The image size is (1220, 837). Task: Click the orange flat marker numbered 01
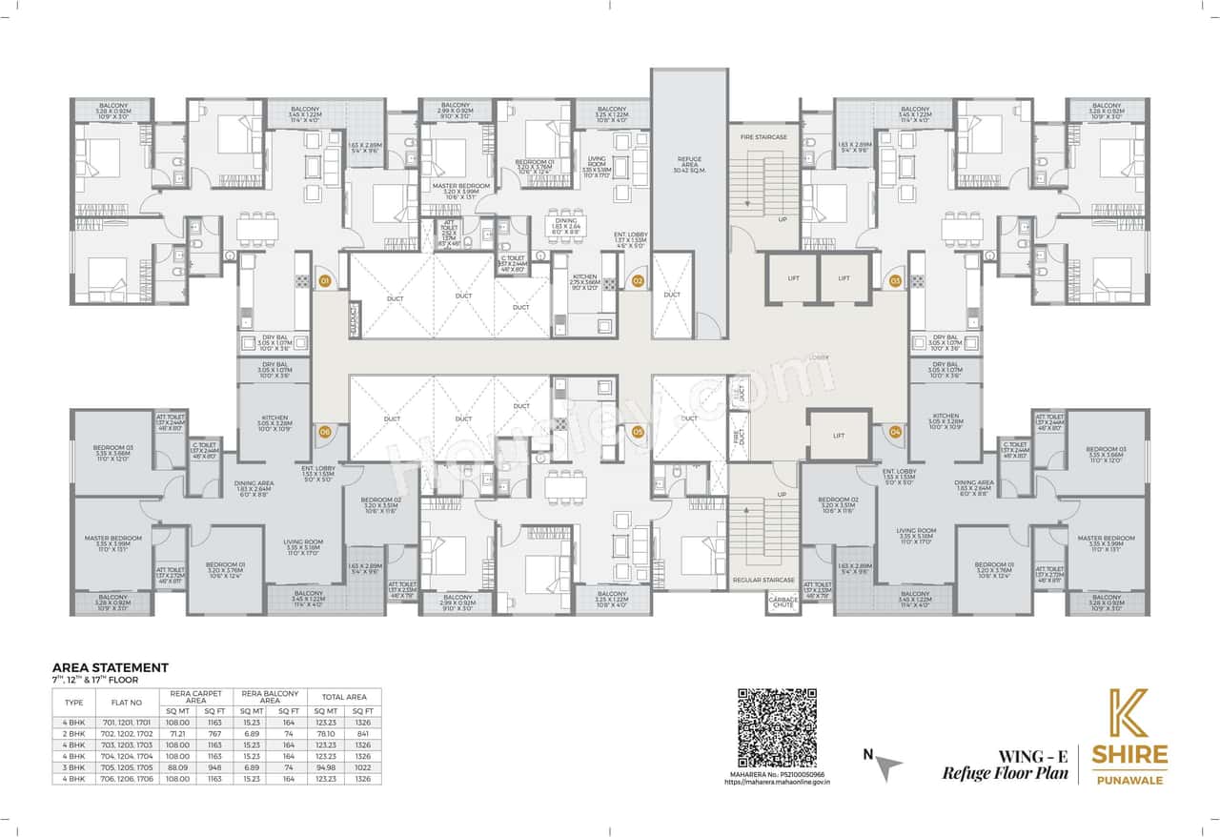(325, 281)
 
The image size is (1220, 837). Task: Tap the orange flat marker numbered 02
(638, 281)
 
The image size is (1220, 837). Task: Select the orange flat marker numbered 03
(895, 281)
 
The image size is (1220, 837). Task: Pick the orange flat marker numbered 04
(895, 432)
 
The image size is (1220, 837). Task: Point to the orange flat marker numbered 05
(638, 432)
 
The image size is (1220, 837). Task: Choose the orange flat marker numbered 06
(325, 432)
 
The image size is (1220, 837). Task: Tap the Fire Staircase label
(763, 137)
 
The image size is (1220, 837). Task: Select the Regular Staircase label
(763, 579)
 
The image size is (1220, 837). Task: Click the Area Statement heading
(110, 667)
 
